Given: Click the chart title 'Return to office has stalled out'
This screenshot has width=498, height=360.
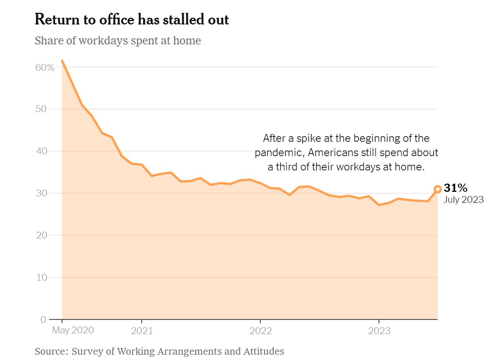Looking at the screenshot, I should [132, 20].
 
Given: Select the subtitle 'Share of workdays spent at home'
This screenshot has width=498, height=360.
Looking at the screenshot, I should [118, 41].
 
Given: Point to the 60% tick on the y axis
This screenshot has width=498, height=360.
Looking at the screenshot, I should [44, 67].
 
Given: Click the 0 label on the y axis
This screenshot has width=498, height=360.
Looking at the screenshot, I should [43, 320].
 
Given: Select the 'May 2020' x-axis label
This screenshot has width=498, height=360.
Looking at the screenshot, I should [73, 331].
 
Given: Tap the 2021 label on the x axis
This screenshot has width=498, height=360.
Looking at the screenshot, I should [142, 331].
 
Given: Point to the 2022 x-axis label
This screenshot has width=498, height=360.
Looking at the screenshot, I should [260, 331].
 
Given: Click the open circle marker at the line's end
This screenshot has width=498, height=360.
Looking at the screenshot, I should [437, 189].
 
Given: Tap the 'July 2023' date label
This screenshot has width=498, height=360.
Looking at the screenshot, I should [464, 200].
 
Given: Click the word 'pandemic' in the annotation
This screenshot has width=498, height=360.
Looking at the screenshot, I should [279, 152].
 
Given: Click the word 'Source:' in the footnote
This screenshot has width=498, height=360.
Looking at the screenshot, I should [51, 351].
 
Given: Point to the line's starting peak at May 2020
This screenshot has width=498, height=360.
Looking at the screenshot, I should [62, 61].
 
